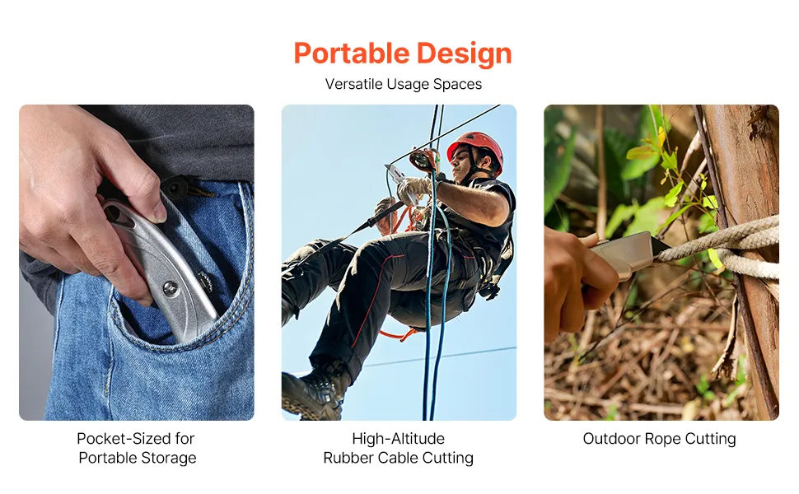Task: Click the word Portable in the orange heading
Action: (352, 53)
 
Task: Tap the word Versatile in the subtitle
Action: (353, 84)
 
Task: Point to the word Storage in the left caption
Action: (168, 459)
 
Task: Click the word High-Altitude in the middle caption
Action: (399, 439)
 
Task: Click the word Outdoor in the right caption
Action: (611, 439)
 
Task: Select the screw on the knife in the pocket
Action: (171, 289)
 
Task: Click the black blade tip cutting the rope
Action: (661, 246)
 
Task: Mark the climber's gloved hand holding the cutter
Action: (413, 189)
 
